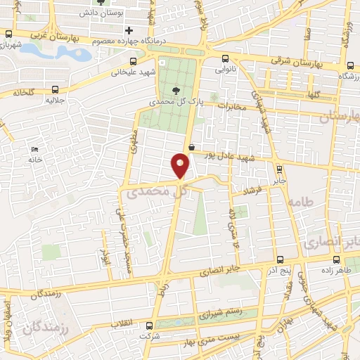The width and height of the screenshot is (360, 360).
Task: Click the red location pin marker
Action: point(181,166)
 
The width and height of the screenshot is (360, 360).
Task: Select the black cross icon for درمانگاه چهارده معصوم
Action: point(128,30)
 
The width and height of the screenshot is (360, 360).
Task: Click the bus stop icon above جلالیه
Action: point(56,89)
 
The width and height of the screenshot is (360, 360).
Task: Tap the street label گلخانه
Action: point(23,92)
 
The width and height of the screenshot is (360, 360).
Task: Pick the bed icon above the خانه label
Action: point(34,149)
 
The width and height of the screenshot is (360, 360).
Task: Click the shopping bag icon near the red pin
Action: point(192,147)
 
